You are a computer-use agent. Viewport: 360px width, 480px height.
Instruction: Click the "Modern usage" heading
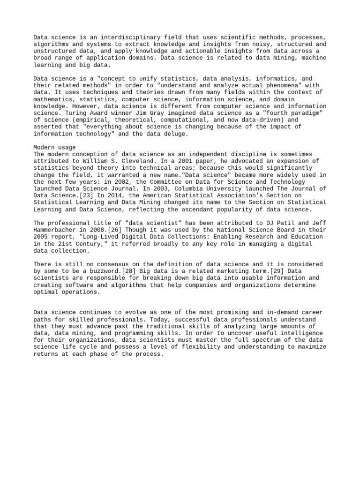(54, 147)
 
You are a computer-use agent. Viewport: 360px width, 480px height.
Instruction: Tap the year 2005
(41, 236)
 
